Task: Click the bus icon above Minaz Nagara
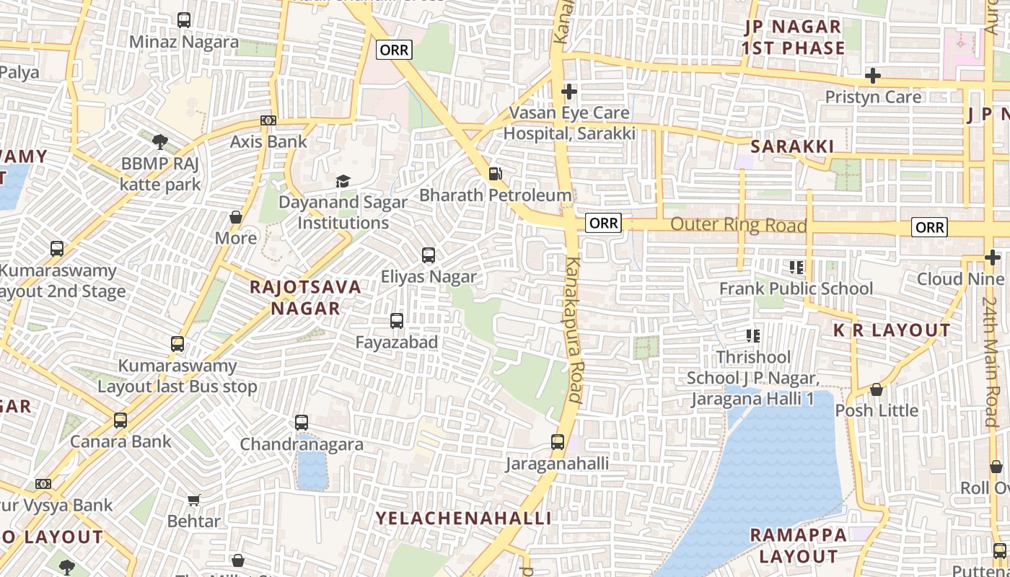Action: [184, 20]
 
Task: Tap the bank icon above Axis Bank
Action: [268, 120]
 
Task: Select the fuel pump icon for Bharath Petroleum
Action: [495, 174]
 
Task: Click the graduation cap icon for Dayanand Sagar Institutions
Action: [343, 181]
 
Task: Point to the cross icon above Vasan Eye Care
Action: [569, 92]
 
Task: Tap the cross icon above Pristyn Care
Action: [873, 76]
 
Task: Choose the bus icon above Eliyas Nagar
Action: [429, 255]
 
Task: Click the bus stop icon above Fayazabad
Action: [397, 321]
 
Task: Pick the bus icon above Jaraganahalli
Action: [558, 442]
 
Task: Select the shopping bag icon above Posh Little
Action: [877, 389]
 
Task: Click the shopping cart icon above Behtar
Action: [193, 500]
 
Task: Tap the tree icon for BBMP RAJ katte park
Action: [159, 141]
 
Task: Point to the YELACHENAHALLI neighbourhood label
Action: [464, 519]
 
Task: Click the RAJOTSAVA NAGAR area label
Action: [305, 297]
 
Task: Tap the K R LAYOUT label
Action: [892, 331]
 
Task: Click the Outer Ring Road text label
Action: [738, 225]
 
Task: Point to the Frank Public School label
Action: [796, 289]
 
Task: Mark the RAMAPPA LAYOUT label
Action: [798, 546]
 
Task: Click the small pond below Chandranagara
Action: [312, 469]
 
